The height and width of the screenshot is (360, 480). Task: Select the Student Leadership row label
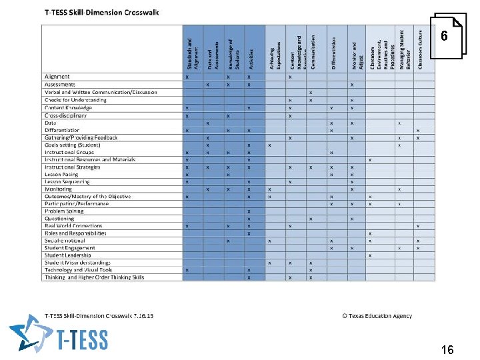69,255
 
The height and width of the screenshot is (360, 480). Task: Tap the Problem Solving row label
64,211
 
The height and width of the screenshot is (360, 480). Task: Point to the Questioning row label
59,219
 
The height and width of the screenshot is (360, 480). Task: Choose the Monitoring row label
58,189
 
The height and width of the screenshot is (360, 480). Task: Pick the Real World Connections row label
73,226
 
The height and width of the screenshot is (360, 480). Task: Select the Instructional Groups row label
69,152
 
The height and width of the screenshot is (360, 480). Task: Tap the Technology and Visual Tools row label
78,270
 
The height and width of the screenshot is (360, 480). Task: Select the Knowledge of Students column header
230,53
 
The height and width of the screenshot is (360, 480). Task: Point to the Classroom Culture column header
420,49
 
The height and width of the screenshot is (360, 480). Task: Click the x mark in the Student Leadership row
370,255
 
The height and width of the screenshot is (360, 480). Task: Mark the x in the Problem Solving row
249,211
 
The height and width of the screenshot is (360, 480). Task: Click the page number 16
447,350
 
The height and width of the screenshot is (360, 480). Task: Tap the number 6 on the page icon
445,37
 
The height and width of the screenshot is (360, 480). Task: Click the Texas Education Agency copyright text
377,316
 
